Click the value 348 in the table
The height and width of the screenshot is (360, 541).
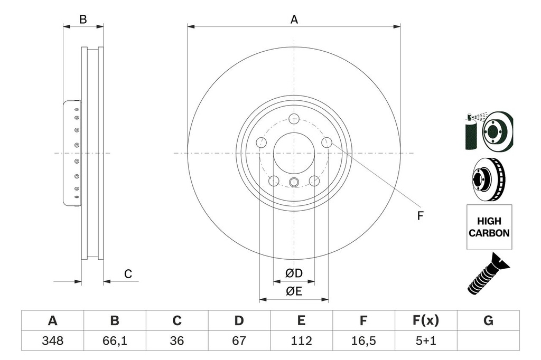[x=52, y=340]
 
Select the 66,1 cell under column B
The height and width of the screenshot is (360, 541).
[x=115, y=340]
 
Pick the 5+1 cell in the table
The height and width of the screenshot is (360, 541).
[x=425, y=340]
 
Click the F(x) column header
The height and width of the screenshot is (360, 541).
[x=425, y=320]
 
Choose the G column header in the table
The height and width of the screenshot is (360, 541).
[x=488, y=320]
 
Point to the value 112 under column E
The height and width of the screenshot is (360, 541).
[x=301, y=340]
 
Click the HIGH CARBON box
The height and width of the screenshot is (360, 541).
[x=489, y=228]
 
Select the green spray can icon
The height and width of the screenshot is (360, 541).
[x=469, y=132]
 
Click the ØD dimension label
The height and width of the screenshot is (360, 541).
[x=294, y=273]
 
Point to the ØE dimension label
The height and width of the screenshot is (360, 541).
[x=294, y=291]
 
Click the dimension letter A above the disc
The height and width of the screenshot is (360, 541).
[x=294, y=20]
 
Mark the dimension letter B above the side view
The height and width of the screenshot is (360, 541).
[x=83, y=20]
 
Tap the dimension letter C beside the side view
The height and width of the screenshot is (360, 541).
[x=127, y=274]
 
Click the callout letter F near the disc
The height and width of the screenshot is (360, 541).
[x=421, y=215]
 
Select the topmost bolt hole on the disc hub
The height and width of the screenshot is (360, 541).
[x=295, y=118]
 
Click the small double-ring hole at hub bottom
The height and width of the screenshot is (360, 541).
[x=294, y=183]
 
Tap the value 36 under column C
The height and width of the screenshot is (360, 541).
[x=177, y=340]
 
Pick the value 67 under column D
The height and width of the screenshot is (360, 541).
[x=239, y=340]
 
